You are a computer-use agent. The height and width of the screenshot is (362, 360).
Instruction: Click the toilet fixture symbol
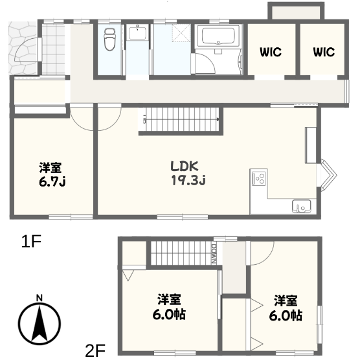tap(109, 40)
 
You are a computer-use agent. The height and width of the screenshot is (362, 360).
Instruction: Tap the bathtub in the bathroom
tap(218, 36)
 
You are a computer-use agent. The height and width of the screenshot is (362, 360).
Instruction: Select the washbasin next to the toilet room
tap(137, 33)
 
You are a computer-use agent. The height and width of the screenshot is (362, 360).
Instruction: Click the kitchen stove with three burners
tap(260, 178)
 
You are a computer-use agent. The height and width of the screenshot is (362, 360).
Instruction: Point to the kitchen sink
tap(301, 206)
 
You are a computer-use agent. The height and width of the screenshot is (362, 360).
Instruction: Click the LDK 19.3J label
tap(188, 173)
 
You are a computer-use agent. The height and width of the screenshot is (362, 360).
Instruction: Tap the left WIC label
tap(271, 52)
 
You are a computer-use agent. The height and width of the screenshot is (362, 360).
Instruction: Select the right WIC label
tap(324, 52)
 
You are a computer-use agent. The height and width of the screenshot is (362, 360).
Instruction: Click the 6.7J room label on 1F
tap(52, 175)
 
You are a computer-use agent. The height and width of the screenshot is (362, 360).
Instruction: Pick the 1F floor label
tap(31, 242)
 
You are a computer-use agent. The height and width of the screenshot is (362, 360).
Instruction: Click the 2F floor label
tap(95, 350)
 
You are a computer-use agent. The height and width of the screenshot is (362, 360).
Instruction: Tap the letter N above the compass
tap(39, 298)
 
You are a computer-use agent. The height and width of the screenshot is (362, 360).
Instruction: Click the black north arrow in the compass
tap(39, 324)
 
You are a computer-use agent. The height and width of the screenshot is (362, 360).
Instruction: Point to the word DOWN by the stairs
tap(214, 253)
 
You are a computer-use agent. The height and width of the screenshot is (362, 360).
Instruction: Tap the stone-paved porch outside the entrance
tap(23, 48)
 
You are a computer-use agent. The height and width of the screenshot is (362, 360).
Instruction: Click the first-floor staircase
tap(181, 120)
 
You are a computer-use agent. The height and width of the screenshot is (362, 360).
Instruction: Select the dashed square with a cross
tap(181, 33)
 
